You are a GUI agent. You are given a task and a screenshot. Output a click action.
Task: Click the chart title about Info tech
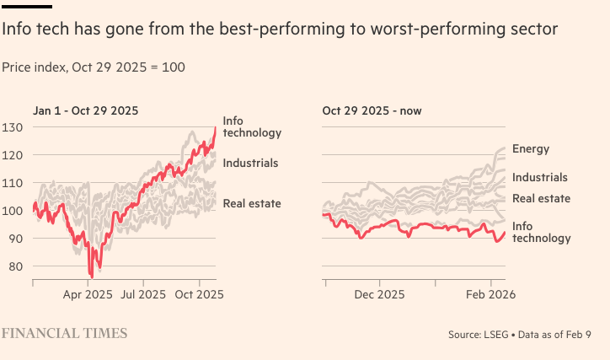click(x=280, y=30)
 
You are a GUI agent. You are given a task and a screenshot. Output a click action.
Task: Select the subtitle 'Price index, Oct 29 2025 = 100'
click(x=94, y=67)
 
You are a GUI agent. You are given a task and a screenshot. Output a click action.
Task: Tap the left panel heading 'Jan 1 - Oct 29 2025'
click(x=86, y=110)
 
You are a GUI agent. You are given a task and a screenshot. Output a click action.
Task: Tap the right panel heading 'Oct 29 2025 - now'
click(x=372, y=110)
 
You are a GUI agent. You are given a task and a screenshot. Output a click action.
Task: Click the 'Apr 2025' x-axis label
click(x=88, y=295)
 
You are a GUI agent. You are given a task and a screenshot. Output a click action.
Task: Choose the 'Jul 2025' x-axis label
click(x=142, y=295)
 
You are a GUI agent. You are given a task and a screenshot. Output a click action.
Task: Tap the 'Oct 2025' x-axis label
click(x=199, y=295)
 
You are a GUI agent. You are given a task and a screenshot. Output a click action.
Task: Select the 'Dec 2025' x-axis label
click(x=379, y=295)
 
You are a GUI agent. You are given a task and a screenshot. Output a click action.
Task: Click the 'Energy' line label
click(x=531, y=149)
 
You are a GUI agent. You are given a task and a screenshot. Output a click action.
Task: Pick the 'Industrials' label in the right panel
click(x=540, y=178)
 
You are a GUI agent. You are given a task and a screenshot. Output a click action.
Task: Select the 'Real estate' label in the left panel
click(x=252, y=203)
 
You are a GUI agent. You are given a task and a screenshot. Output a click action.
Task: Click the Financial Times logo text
click(x=65, y=334)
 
